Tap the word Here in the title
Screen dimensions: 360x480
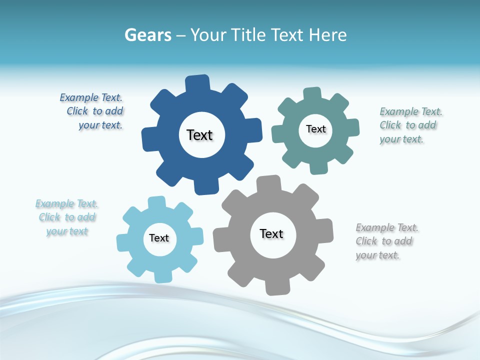tap(327, 35)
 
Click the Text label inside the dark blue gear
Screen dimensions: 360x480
tap(199, 135)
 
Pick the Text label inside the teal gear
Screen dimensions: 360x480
tap(315, 129)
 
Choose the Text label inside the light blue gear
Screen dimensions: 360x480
tap(159, 238)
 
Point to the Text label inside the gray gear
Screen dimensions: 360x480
tap(271, 233)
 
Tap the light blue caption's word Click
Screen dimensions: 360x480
tap(49, 217)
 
